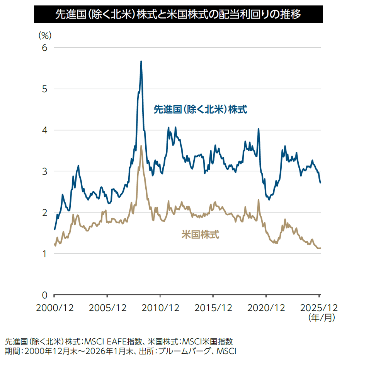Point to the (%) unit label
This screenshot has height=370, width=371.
[x=44, y=35]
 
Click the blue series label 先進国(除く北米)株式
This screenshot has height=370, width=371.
[x=201, y=110]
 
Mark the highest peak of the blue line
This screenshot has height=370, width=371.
[x=141, y=61]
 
